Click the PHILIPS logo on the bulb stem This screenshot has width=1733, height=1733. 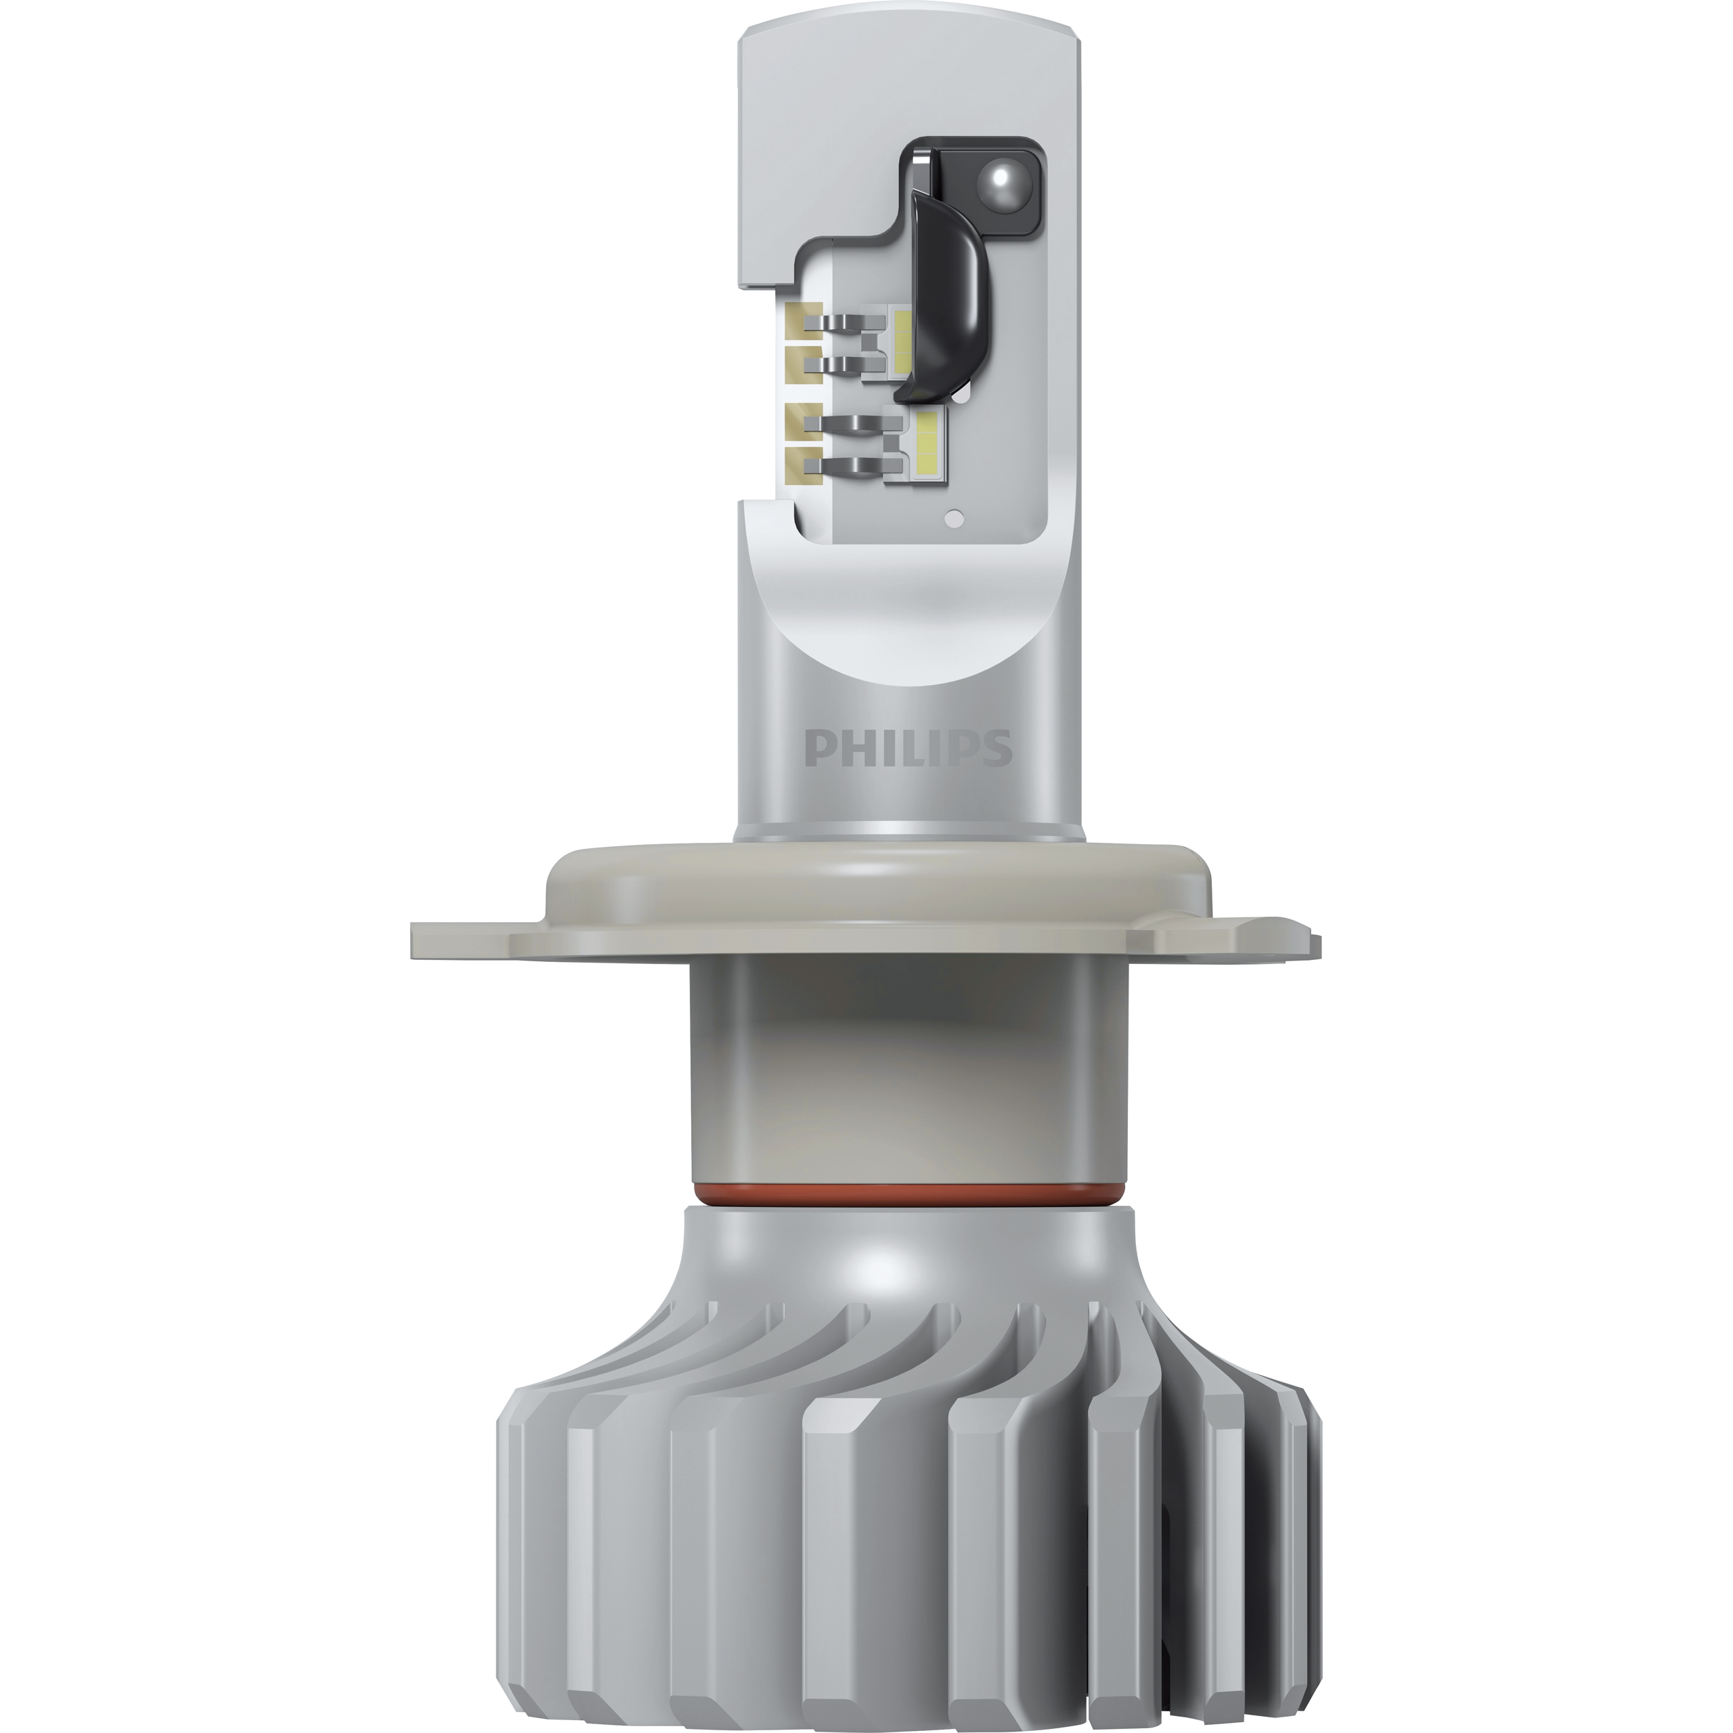point(908,748)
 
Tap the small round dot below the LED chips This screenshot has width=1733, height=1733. point(955,518)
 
